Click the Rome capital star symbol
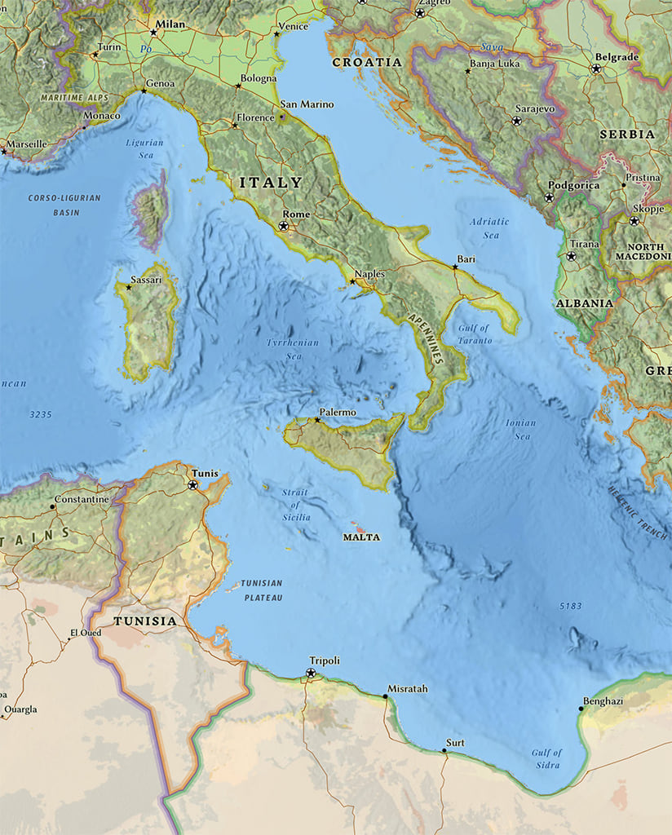pos(285,226)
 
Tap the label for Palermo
pos(338,413)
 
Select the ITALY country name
pos(271,183)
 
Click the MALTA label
pos(361,537)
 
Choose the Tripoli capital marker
pos(311,674)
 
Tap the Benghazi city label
pos(603,701)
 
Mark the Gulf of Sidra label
pos(546,758)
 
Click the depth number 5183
pos(572,607)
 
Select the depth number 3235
pos(41,415)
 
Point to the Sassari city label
pos(147,280)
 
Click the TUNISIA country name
pos(145,621)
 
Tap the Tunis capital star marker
pos(193,485)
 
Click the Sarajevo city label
pos(535,108)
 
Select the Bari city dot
pos(455,267)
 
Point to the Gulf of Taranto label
pos(475,334)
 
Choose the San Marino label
pos(307,104)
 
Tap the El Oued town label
pos(85,633)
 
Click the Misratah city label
pos(407,689)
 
